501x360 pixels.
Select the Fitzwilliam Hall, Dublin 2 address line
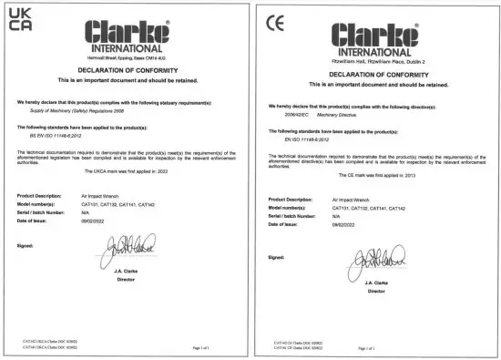pyautogui.click(x=382, y=61)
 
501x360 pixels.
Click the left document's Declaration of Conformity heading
pyautogui.click(x=126, y=70)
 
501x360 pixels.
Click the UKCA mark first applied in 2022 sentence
pyautogui.click(x=126, y=170)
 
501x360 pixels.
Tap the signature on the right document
pyautogui.click(x=373, y=260)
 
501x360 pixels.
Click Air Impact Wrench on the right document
pyautogui.click(x=352, y=199)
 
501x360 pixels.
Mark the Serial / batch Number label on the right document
pyautogui.click(x=294, y=216)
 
